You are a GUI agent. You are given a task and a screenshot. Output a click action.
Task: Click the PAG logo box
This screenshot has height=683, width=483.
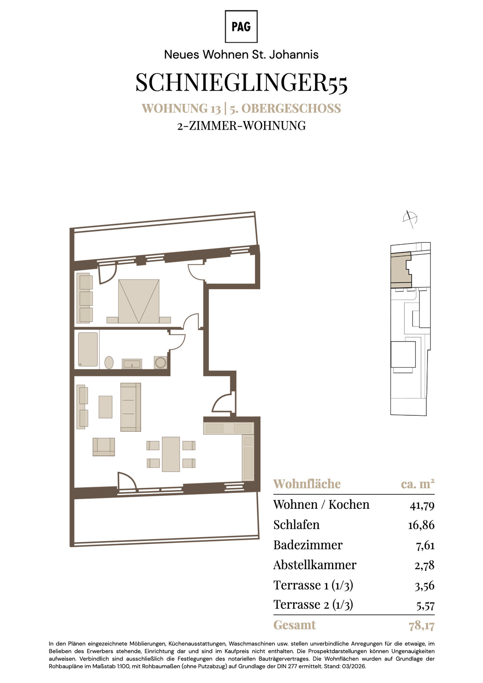241,27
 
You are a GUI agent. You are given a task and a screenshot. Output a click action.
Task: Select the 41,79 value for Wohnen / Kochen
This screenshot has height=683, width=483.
422,506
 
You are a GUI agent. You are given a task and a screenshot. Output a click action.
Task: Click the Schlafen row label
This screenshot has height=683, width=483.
296,525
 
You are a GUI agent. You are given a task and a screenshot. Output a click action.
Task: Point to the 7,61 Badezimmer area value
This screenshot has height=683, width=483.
425,545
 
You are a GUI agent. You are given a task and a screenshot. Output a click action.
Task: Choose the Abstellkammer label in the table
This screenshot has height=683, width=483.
315,565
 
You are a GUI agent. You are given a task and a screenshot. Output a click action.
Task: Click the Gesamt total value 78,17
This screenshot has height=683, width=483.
422,626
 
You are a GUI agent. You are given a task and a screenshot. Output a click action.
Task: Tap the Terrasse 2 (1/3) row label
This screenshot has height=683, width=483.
313,605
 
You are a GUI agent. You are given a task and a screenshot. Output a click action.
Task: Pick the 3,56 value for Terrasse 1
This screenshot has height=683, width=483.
425,586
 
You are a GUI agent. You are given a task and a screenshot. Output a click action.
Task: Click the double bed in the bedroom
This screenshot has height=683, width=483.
139,301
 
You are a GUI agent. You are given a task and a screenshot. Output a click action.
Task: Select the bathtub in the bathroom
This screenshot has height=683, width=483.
88,349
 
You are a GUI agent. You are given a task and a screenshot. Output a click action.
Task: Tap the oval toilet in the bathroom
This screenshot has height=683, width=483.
109,363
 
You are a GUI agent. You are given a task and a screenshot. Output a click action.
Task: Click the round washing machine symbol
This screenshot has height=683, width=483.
160,363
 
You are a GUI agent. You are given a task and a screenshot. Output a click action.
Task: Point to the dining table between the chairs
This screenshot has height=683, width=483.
171,454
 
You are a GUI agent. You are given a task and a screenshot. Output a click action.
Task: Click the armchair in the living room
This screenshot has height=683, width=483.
104,447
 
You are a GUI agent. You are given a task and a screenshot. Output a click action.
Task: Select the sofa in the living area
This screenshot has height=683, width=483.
130,407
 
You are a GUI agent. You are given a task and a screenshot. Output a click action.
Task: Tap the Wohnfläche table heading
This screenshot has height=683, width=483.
307,484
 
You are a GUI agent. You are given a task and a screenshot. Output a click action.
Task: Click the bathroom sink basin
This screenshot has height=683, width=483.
132,364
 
